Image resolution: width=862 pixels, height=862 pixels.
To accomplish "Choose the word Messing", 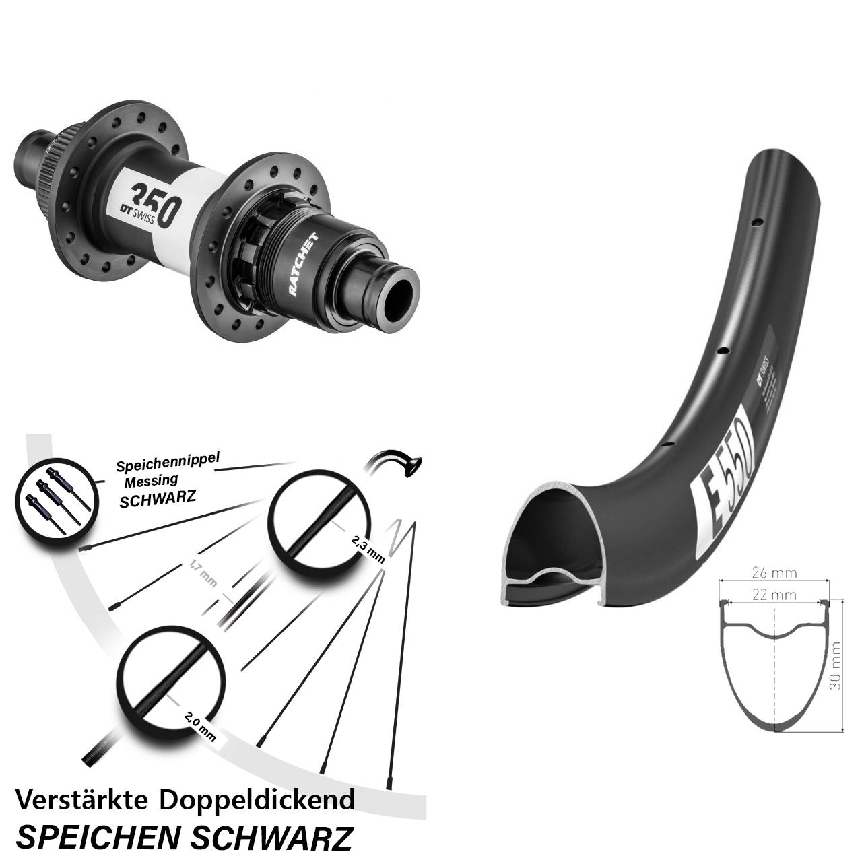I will [152, 480].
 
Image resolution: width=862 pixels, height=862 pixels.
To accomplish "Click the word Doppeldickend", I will [257, 800].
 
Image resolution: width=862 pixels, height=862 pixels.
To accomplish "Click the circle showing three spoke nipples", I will [51, 499].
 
